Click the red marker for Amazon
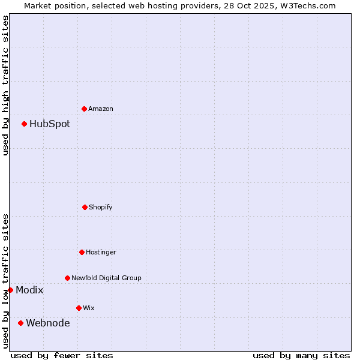click(x=84, y=109)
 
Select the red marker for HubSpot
click(x=24, y=124)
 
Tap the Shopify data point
click(x=85, y=207)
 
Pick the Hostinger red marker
click(x=82, y=252)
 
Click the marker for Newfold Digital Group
click(x=67, y=278)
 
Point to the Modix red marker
click(x=10, y=290)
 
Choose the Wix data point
click(x=79, y=308)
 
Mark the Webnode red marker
click(x=20, y=323)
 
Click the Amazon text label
click(x=101, y=109)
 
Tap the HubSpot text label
click(x=50, y=124)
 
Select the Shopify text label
click(x=101, y=207)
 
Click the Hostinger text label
click(x=101, y=252)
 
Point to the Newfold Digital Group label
click(x=106, y=278)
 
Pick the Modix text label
click(x=29, y=290)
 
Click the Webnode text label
click(x=48, y=323)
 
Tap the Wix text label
click(x=89, y=308)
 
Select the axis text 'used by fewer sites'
click(x=62, y=355)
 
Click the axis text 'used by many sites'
click(x=301, y=355)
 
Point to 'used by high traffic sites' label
click(x=5, y=85)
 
